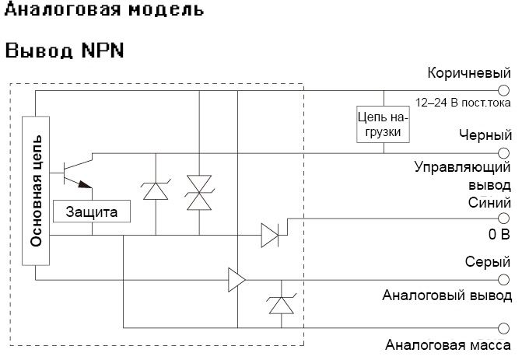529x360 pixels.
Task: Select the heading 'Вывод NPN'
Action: click(x=65, y=51)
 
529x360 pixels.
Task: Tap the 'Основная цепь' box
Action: click(x=36, y=190)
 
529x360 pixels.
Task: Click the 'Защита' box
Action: click(x=92, y=211)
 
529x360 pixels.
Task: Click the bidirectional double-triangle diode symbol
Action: click(x=199, y=192)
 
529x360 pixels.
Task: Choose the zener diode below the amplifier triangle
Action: click(x=278, y=305)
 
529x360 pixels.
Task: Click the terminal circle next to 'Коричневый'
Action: click(x=503, y=91)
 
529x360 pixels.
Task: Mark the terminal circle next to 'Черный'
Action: click(x=503, y=152)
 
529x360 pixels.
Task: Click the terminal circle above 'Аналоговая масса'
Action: click(x=503, y=327)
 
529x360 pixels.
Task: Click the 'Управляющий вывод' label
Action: click(x=462, y=176)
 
